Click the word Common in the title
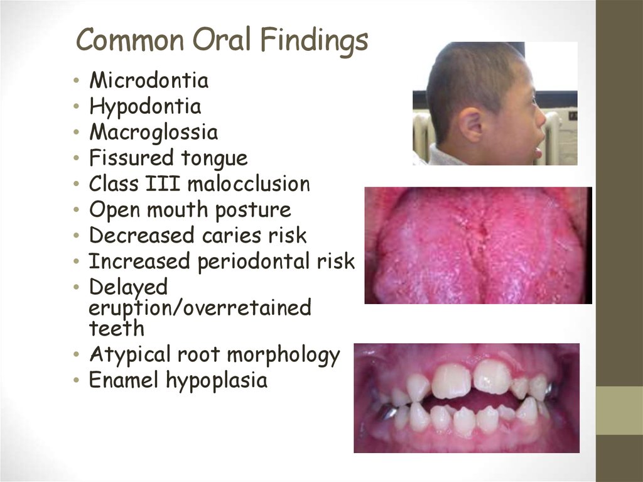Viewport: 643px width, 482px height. coord(130,40)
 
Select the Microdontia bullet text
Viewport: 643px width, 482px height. coord(149,80)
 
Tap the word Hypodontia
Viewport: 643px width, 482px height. coord(145,107)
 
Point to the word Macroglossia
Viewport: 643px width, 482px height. coord(153,133)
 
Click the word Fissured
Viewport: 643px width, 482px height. coord(131,157)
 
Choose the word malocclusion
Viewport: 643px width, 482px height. coord(249,183)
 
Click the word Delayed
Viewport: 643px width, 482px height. coord(128,287)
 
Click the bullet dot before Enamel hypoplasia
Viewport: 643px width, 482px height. coord(76,380)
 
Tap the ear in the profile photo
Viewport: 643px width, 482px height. coord(471,126)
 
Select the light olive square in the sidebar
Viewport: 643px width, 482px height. coord(619,410)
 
